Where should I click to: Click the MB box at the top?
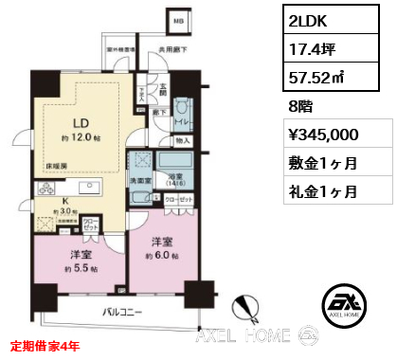pyautogui.click(x=178, y=20)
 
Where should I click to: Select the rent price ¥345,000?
pyautogui.click(x=323, y=132)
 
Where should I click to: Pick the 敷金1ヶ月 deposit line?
pyautogui.click(x=323, y=163)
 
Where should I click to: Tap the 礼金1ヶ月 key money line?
pyautogui.click(x=323, y=192)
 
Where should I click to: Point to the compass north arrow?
pyautogui.click(x=248, y=308)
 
